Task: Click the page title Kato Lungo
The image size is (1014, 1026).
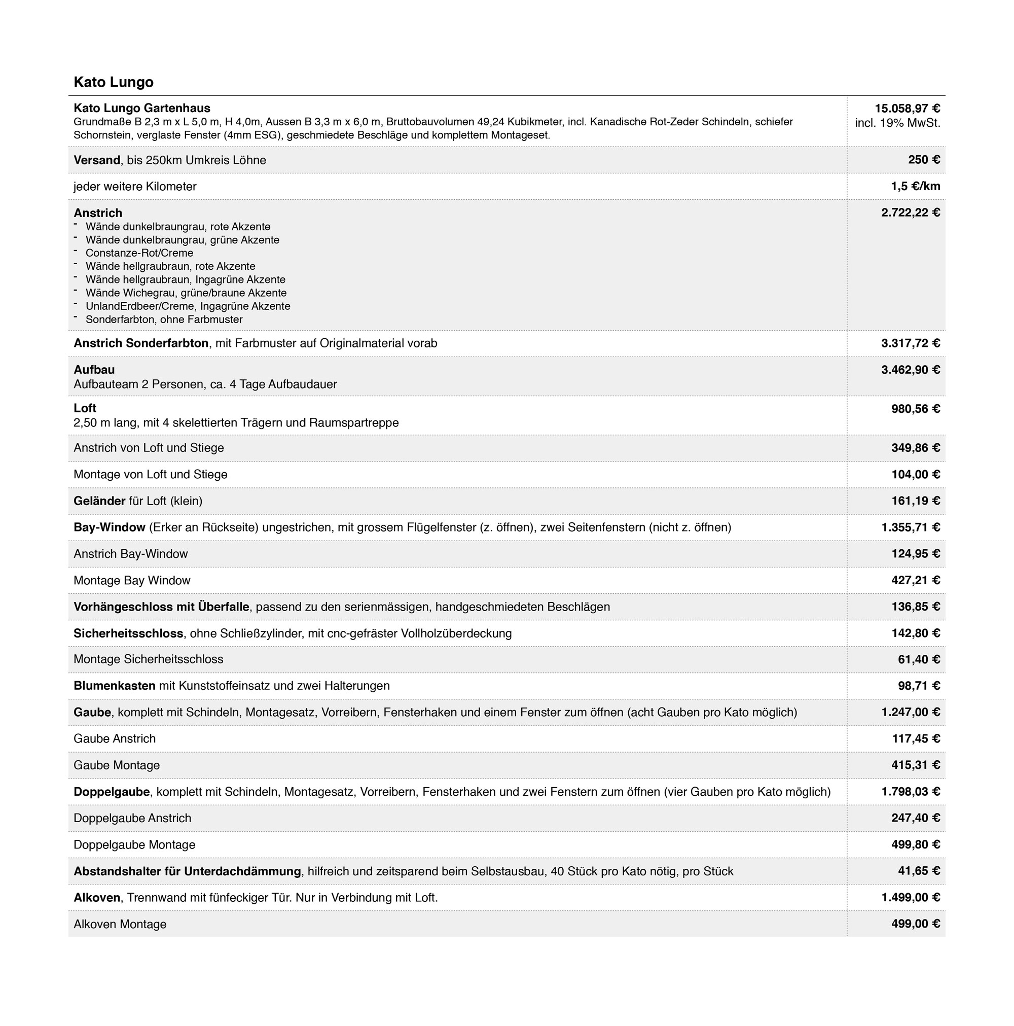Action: pyautogui.click(x=113, y=82)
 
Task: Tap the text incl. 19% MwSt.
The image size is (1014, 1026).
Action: pyautogui.click(x=897, y=123)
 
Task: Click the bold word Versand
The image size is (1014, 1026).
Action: pyautogui.click(x=97, y=160)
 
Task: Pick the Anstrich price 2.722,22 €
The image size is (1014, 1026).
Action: pyautogui.click(x=910, y=213)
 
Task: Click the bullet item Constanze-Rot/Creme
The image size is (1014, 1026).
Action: pyautogui.click(x=139, y=253)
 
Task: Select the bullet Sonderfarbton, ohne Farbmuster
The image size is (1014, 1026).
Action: pyautogui.click(x=164, y=320)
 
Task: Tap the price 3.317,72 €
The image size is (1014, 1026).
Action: pyautogui.click(x=910, y=343)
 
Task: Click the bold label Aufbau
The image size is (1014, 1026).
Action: pyautogui.click(x=94, y=370)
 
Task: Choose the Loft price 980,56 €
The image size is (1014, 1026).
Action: pyautogui.click(x=915, y=409)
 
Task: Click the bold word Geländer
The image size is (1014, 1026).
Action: pyautogui.click(x=99, y=501)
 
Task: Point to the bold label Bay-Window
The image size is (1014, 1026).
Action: pyautogui.click(x=110, y=527)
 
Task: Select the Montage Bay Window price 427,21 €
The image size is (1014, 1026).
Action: pyautogui.click(x=915, y=580)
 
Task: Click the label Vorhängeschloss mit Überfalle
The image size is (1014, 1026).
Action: pyautogui.click(x=161, y=607)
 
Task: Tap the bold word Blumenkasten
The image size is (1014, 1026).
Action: pyautogui.click(x=114, y=686)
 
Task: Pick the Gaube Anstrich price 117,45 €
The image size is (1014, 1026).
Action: pyautogui.click(x=915, y=739)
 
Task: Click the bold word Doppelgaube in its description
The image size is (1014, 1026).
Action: pyautogui.click(x=112, y=792)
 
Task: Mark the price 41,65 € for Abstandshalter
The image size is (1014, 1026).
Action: pyautogui.click(x=919, y=871)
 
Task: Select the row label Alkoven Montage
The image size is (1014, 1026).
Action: pyautogui.click(x=120, y=924)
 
